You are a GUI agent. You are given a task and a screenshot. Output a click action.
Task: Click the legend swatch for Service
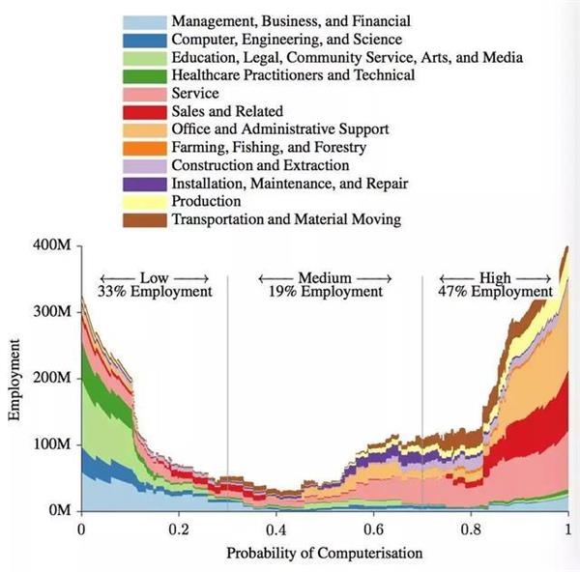(x=144, y=94)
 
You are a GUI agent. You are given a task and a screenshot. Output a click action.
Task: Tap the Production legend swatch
(x=144, y=201)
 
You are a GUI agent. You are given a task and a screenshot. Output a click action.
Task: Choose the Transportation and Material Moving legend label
(x=286, y=219)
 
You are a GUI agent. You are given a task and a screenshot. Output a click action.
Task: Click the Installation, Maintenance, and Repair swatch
(x=144, y=184)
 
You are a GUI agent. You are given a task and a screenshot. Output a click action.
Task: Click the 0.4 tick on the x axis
(x=275, y=530)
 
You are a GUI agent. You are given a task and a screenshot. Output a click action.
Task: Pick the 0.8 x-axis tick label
(x=471, y=530)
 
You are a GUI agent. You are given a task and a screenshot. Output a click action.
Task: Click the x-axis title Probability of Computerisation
(x=324, y=554)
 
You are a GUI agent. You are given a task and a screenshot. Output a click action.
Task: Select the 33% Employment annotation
(x=155, y=291)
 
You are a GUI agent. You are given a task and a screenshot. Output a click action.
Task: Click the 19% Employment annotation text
(x=325, y=291)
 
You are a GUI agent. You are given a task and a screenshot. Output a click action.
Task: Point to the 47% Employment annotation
(x=495, y=291)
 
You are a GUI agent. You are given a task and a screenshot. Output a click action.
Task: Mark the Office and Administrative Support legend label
(x=279, y=129)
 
